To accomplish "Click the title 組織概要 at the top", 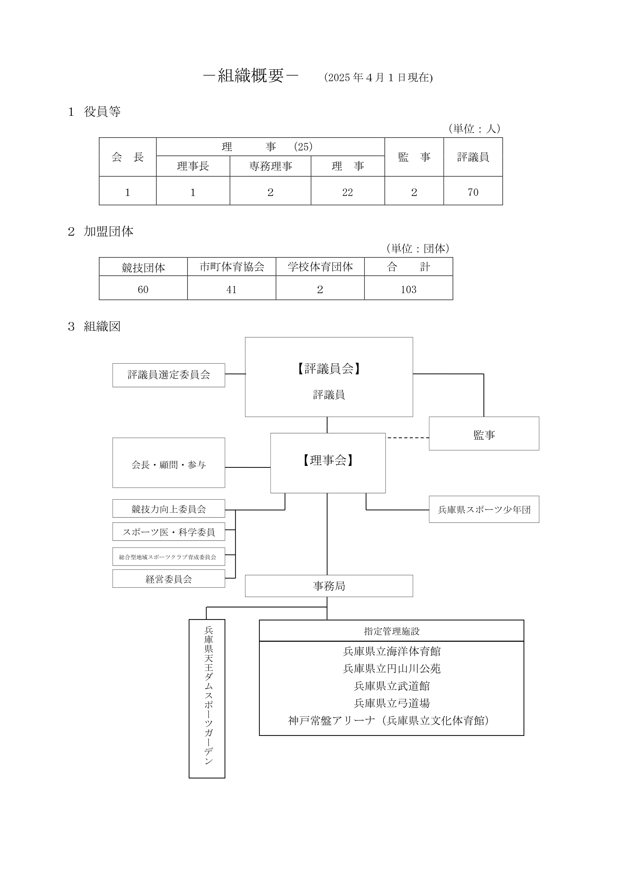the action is point(251,76).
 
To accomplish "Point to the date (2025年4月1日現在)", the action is point(378,78).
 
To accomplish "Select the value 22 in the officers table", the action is point(348,192).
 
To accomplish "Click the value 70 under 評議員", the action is point(473,192).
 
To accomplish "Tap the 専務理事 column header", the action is point(271,166).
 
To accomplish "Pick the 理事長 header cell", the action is point(193,166).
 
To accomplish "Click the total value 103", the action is point(409,290).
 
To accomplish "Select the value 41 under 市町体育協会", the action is point(231,290).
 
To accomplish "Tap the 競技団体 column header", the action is point(143,267).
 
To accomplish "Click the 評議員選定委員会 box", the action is point(168,375).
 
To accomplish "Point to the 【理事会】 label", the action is point(328,460).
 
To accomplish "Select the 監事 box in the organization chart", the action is point(484,433).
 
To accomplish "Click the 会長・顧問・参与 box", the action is point(168,463).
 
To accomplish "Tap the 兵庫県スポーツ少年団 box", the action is point(484,509).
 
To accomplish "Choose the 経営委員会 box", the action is point(168,579).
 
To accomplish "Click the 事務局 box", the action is point(329,586).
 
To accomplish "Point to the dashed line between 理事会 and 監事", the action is point(408,437).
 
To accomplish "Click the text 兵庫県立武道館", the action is point(392,686).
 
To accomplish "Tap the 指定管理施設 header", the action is point(391,631).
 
